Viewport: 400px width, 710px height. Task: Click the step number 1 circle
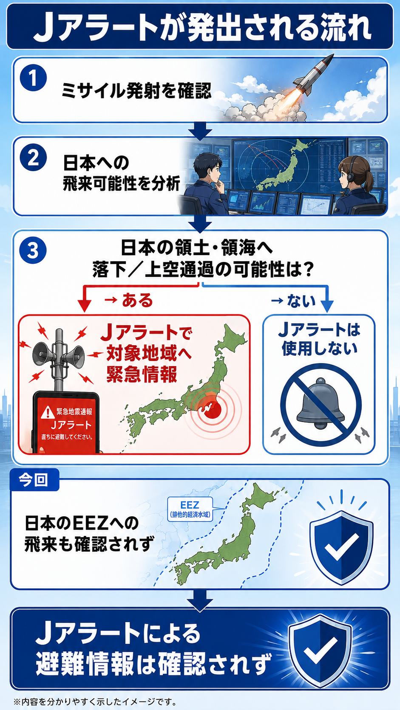click(33, 78)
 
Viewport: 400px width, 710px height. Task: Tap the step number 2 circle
click(33, 158)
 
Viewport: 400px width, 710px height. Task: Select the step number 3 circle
click(33, 251)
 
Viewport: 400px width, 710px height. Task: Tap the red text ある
click(137, 300)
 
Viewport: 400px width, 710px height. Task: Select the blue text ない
click(301, 301)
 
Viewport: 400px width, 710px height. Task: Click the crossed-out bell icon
click(321, 405)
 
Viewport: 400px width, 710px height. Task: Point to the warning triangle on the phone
click(48, 412)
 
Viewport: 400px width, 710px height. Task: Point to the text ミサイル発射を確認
click(136, 91)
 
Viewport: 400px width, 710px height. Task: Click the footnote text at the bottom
click(95, 701)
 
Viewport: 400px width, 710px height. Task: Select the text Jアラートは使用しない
click(320, 339)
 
